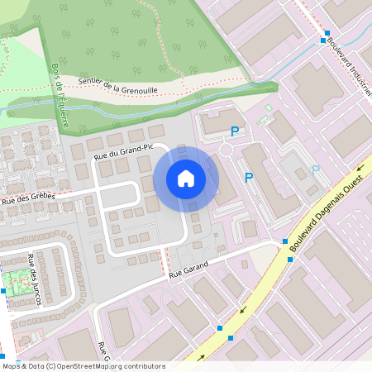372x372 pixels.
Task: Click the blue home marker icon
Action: (x=186, y=179)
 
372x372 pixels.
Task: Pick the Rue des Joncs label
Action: (x=34, y=279)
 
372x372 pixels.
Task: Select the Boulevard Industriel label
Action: (x=347, y=66)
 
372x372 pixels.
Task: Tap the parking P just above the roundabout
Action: (x=236, y=131)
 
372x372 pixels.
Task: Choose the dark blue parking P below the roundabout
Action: (x=249, y=176)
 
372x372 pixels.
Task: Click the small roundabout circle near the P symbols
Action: (x=227, y=151)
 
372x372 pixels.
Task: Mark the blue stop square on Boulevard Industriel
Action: (x=325, y=39)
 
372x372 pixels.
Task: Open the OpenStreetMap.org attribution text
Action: (x=83, y=366)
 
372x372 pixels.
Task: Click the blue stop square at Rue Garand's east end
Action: (x=284, y=241)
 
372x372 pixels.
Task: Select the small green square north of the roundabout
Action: (x=269, y=107)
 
